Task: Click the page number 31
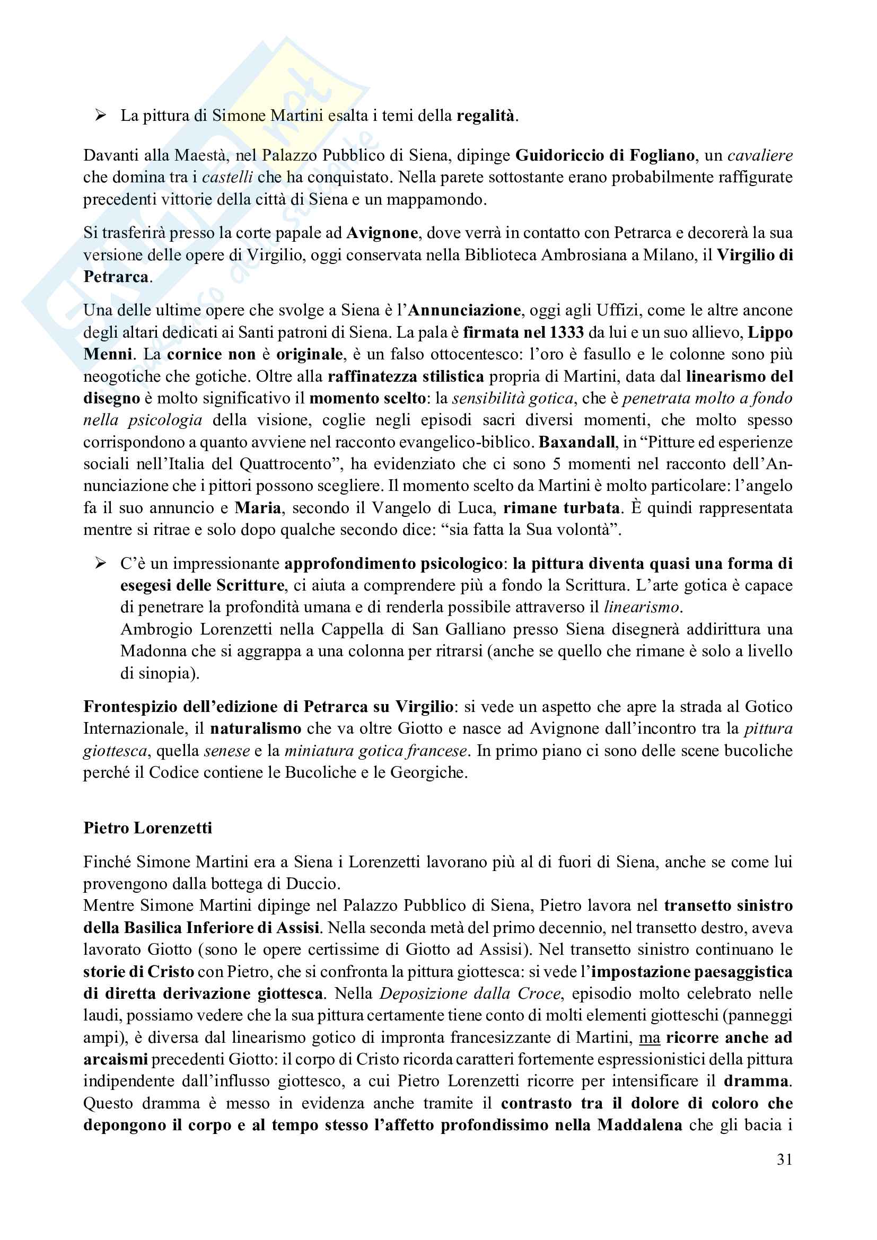(784, 1159)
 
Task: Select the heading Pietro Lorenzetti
(147, 828)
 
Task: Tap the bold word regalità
(485, 116)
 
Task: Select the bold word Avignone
(382, 233)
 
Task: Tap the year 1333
(566, 332)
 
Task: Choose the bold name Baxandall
(577, 442)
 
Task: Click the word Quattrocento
(285, 464)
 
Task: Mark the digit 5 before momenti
(557, 464)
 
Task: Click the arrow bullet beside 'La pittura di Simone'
(100, 115)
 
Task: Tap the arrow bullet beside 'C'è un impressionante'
(100, 564)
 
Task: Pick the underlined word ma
(650, 1037)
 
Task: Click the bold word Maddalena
(639, 1125)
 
